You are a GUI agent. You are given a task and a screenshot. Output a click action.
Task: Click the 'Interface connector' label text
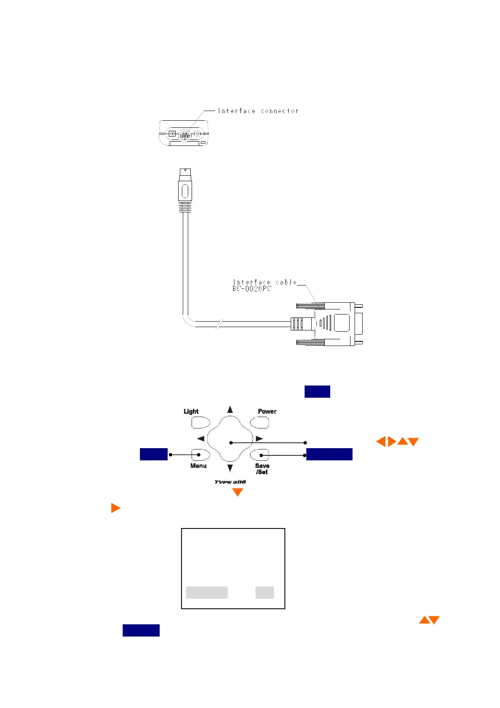point(258,111)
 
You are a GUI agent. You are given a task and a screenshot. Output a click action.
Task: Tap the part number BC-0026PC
point(252,289)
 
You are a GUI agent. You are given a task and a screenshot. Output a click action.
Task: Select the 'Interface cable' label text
point(265,282)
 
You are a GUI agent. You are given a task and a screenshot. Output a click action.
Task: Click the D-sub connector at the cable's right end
point(336,323)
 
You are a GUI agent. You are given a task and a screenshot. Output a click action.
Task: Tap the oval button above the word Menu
point(200,455)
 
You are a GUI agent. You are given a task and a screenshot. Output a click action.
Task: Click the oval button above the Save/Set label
point(260,455)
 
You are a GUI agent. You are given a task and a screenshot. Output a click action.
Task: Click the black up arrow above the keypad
point(230,409)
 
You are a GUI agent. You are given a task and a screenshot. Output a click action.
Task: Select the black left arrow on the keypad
point(201,439)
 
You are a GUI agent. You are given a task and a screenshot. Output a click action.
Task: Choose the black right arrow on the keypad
point(259,439)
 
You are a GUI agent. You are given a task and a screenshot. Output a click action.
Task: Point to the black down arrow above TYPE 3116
point(230,468)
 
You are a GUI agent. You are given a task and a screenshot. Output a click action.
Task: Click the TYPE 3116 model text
point(230,482)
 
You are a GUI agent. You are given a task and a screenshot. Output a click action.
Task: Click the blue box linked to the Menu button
point(153,454)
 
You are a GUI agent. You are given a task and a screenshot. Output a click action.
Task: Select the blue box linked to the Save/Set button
point(329,454)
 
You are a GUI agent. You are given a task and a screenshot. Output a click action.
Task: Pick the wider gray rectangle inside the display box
point(207,592)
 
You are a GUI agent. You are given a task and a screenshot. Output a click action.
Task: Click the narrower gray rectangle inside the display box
point(265,592)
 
